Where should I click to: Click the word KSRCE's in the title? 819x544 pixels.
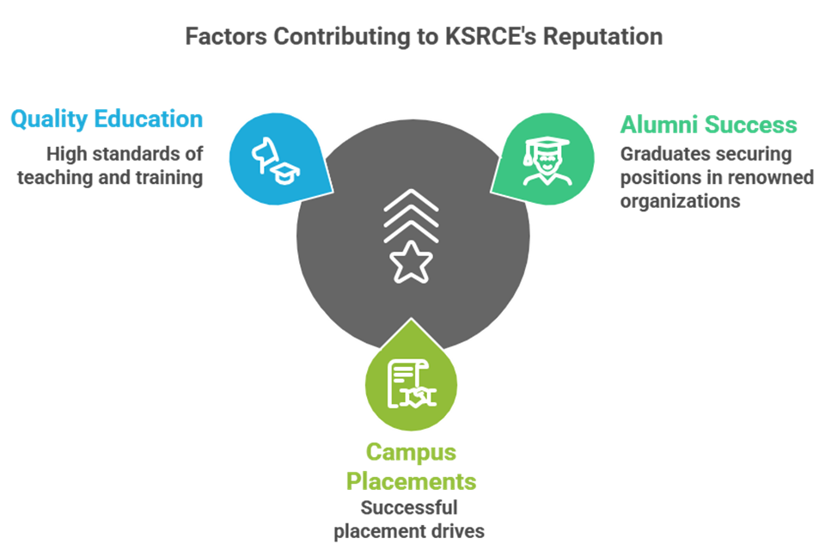click(487, 37)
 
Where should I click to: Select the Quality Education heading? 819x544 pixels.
click(107, 119)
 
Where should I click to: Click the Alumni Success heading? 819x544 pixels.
click(708, 125)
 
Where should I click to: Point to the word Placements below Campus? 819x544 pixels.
click(411, 480)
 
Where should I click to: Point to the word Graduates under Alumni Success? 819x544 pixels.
click(658, 155)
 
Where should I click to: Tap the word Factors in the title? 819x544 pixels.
click(225, 37)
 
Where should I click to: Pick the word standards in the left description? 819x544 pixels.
click(133, 156)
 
